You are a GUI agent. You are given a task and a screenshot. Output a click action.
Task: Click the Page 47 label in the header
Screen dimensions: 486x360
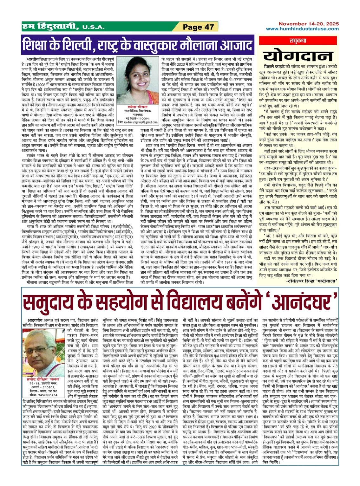[x=198, y=27]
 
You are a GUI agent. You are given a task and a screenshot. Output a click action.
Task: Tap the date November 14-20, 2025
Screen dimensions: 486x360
[x=309, y=24]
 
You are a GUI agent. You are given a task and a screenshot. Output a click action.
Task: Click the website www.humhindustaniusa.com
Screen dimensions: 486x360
[x=302, y=29]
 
